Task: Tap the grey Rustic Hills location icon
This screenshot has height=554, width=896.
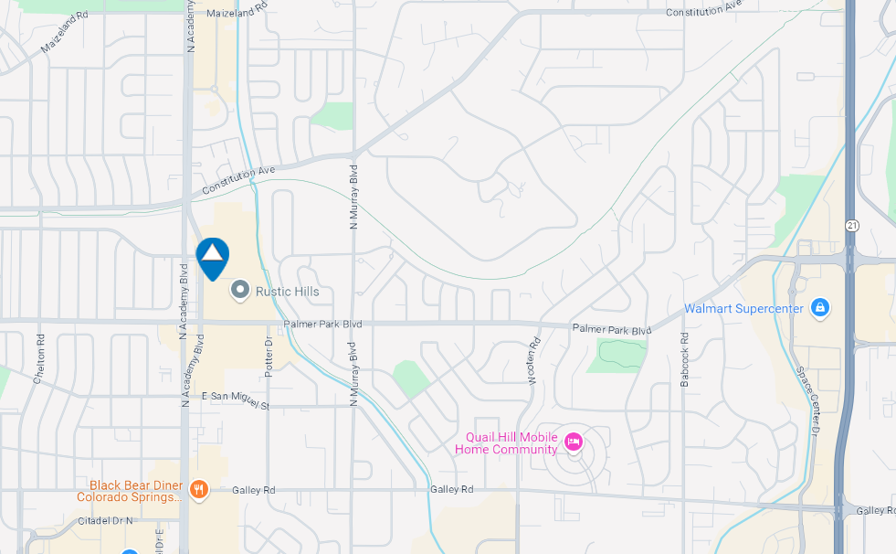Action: coord(240,291)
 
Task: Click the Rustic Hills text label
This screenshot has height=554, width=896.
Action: coord(287,292)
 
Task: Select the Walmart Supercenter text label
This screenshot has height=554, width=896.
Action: coord(743,308)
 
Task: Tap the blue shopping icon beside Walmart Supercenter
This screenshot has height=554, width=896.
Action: coord(819,307)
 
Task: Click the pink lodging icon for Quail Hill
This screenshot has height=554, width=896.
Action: coord(574,442)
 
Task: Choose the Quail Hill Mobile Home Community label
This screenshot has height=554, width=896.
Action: coord(511,442)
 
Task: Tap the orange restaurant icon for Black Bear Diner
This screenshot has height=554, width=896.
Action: coord(200,490)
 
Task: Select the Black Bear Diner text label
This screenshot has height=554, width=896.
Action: coord(135,491)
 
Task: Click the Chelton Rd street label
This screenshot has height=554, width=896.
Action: coord(39,357)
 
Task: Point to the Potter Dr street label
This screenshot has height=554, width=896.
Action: coord(269,355)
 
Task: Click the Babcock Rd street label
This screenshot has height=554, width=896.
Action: coord(683,358)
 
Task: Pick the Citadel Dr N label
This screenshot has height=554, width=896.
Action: coord(104,520)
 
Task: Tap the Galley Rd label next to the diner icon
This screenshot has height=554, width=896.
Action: coord(247,489)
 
